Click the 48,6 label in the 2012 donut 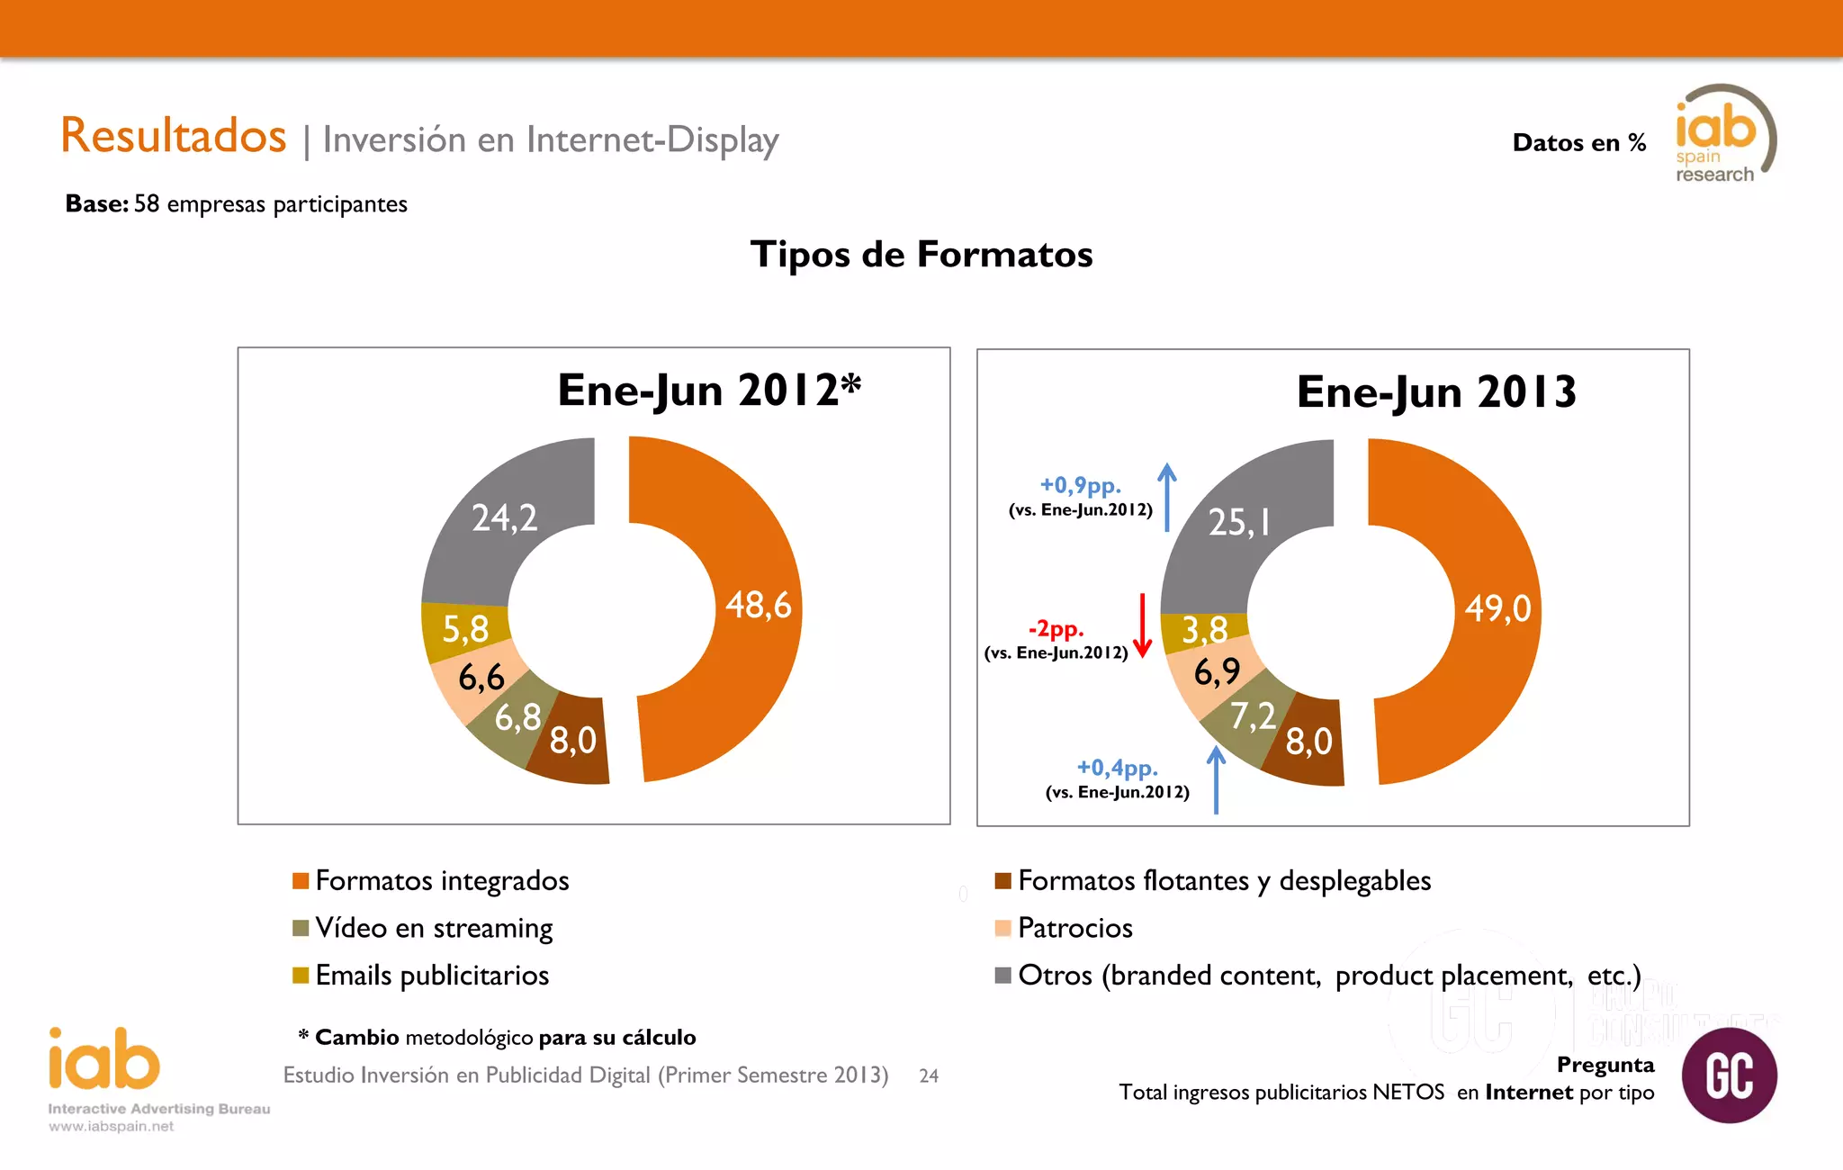coord(758,605)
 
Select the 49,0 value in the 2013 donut coord(1497,608)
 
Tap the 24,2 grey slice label coord(504,517)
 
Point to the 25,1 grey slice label coord(1239,522)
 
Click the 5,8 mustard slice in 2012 coord(465,629)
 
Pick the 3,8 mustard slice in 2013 coord(1204,630)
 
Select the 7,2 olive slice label coord(1253,716)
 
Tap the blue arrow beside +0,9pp coord(1167,497)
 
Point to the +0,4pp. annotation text coord(1117,768)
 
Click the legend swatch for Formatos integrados coord(301,880)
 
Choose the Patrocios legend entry coord(1074,928)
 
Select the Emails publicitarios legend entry coord(431,976)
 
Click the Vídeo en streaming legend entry coord(433,928)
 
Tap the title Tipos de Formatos coord(921,255)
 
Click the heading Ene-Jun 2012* coord(709,391)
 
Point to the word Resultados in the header coord(174,136)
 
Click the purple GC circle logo coord(1729,1075)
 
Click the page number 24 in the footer coord(929,1075)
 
